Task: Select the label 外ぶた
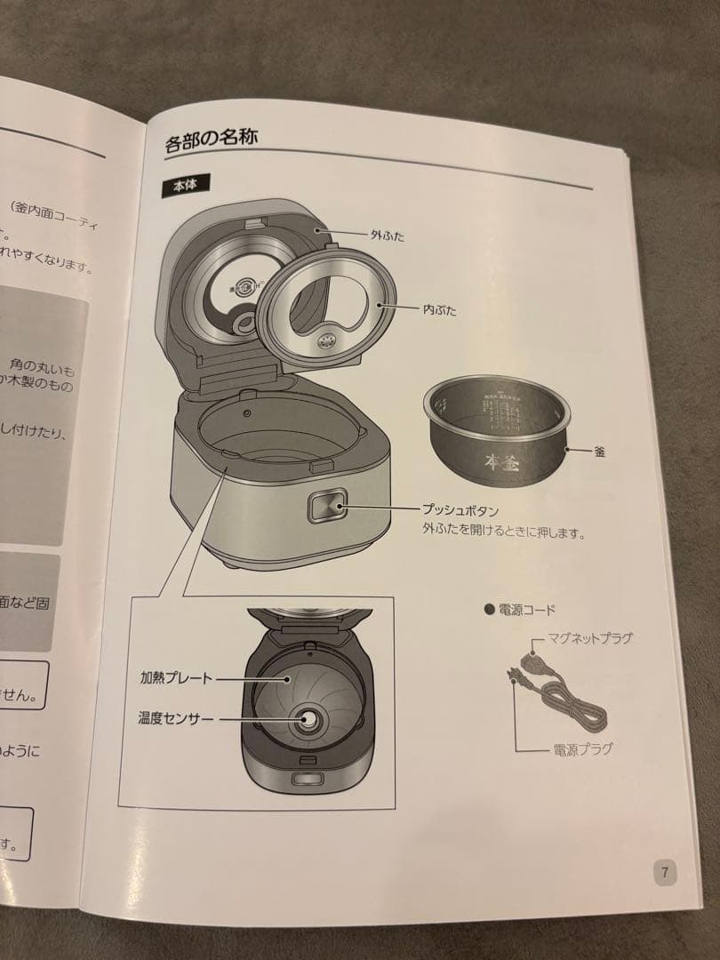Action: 388,236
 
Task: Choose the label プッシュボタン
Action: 460,511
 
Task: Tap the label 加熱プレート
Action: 176,677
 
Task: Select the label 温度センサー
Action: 176,717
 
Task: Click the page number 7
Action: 665,871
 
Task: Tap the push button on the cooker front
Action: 324,509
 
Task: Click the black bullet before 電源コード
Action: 488,610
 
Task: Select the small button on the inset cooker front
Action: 308,780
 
